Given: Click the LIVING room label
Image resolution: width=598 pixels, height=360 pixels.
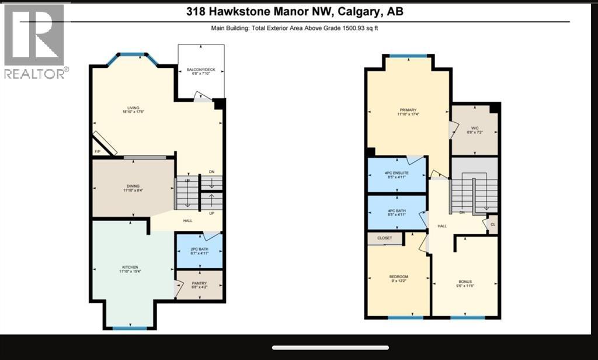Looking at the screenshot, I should (133, 108).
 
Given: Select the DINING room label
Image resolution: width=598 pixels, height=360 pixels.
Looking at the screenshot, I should (133, 186).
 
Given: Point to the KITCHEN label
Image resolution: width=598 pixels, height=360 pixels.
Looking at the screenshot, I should (130, 267).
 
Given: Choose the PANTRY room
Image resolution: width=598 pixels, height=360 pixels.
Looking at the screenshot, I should (199, 285).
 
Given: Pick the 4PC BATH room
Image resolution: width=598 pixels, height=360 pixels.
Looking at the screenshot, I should (397, 212).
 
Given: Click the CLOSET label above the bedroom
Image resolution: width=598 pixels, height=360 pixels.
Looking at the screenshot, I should (385, 238).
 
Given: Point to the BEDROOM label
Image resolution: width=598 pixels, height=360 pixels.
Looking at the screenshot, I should (398, 276).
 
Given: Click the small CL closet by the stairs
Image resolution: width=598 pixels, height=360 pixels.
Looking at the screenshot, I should (492, 224).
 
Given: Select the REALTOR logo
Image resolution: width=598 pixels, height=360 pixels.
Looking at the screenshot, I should (34, 41).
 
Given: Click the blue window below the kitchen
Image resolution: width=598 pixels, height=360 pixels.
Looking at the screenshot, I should (130, 328).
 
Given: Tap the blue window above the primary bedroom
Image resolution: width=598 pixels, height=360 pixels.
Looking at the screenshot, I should (408, 57).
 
